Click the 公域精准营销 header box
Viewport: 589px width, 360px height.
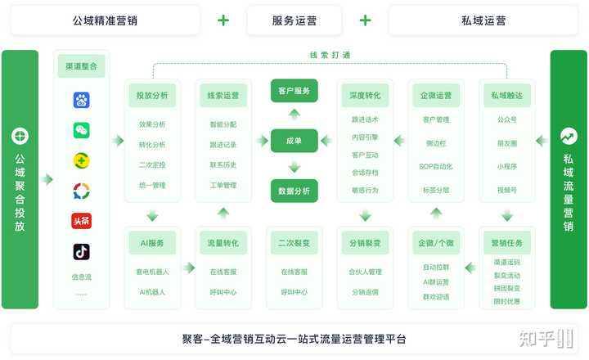coord(105,20)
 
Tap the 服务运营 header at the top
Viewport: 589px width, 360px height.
coord(294,20)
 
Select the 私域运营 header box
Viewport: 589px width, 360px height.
coord(483,20)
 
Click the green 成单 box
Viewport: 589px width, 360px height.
coord(294,141)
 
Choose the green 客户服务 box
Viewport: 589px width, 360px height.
coord(294,91)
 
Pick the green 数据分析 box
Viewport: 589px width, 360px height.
coord(294,191)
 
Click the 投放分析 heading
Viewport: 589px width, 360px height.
coord(152,96)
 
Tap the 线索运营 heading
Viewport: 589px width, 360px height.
coord(223,96)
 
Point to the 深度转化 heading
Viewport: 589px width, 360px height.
coord(365,96)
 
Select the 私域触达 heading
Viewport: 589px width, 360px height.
coord(507,96)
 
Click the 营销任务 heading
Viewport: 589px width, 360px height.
coord(507,242)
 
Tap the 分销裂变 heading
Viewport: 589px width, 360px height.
coord(365,242)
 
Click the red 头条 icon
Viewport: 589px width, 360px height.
coord(81,221)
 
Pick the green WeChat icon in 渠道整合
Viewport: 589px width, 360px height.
coord(81,130)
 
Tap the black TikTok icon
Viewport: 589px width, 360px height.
coord(81,251)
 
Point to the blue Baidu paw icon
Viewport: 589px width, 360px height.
coord(81,100)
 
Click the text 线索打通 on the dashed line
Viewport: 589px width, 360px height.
coord(330,56)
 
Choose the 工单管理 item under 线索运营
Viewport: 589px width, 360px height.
coord(223,185)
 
